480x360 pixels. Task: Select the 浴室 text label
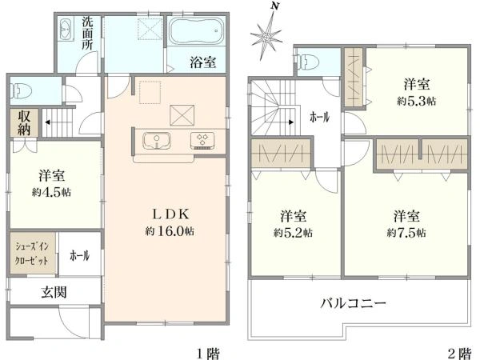click(202, 62)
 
